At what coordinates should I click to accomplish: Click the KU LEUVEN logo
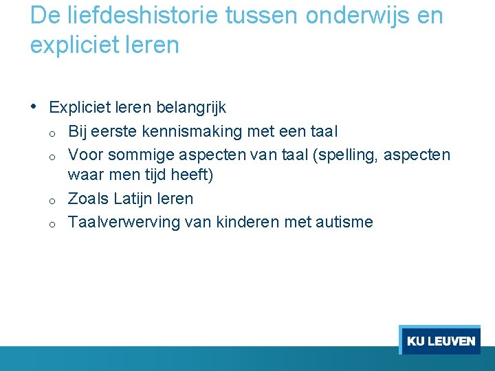click(440, 340)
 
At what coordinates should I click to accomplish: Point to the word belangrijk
click(191, 108)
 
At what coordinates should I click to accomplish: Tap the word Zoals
click(87, 199)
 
